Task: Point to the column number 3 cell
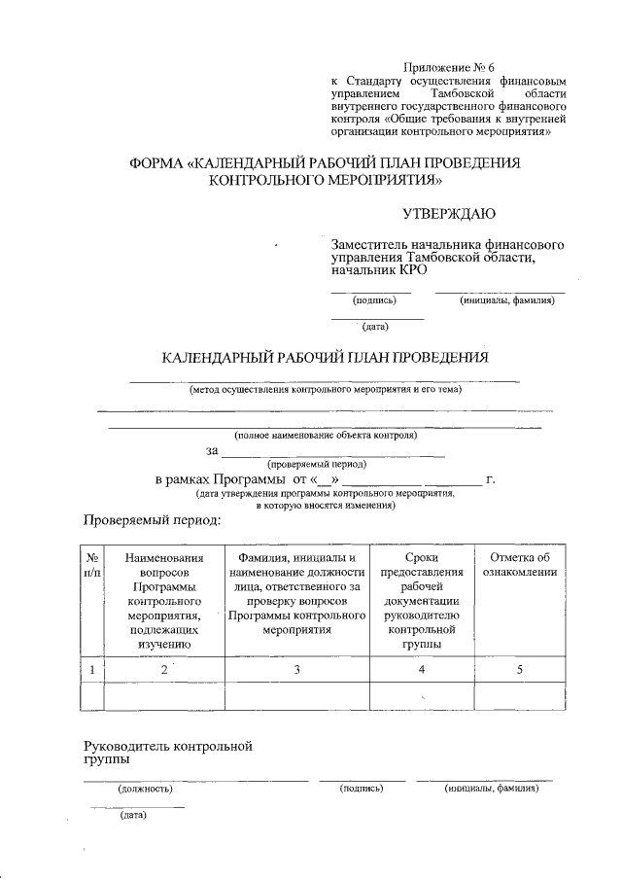(x=296, y=669)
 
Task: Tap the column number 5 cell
(x=519, y=669)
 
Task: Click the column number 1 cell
(x=92, y=669)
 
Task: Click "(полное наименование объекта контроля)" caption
(x=325, y=435)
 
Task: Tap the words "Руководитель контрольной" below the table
(x=168, y=747)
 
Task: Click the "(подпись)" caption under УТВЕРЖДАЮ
(x=369, y=300)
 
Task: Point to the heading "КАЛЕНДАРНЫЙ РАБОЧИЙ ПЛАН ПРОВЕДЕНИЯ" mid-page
(x=324, y=357)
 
